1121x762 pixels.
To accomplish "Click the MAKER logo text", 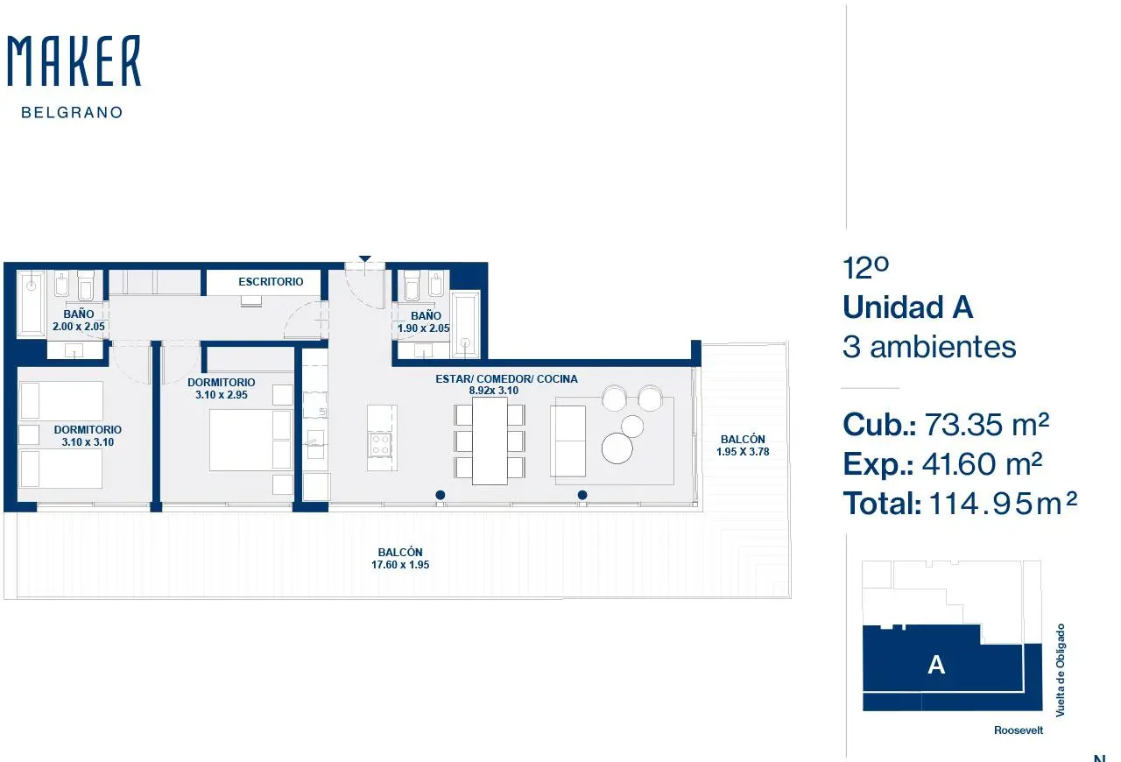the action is [x=74, y=60].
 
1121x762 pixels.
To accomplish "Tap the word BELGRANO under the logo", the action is [x=72, y=113].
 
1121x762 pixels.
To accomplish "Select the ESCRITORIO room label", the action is [x=271, y=282].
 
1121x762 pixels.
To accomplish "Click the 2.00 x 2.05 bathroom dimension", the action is [x=79, y=327].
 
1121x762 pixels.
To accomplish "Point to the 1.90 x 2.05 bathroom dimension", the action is [x=423, y=328].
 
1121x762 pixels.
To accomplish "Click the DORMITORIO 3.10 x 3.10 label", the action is [x=88, y=435].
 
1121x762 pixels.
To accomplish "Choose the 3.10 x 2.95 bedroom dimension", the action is [x=222, y=394].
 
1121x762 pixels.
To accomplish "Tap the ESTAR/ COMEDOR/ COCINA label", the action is [x=506, y=379].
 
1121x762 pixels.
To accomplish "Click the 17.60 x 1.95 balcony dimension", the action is [x=400, y=565].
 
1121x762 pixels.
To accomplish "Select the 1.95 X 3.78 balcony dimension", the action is [x=743, y=452].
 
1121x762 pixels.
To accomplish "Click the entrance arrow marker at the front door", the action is [x=365, y=259].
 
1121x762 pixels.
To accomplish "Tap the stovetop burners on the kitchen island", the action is [x=380, y=445].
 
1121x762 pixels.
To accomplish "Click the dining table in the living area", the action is [x=490, y=441].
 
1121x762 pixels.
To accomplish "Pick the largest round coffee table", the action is [x=617, y=448].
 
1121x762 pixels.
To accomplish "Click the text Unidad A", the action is [x=908, y=307].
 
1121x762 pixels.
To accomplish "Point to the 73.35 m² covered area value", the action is [x=986, y=425].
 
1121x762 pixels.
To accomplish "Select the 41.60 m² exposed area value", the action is [x=982, y=464].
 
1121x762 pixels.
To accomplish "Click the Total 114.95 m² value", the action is [x=1003, y=503].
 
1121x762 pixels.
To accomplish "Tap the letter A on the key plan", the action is [x=936, y=666].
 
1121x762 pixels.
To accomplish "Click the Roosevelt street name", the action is [x=1019, y=730].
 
